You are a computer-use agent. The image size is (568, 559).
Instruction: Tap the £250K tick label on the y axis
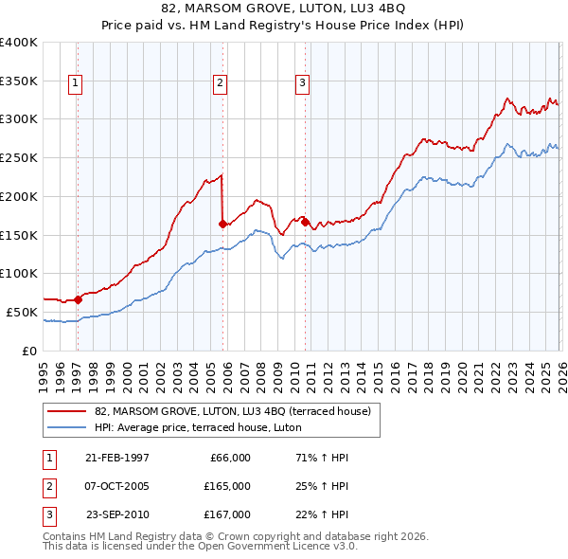click(x=19, y=157)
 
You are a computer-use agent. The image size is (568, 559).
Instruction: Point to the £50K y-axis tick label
click(x=22, y=312)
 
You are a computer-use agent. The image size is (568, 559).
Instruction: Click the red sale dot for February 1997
click(x=79, y=299)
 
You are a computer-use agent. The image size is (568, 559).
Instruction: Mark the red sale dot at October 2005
click(x=222, y=224)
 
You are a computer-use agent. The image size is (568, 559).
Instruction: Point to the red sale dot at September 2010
click(x=306, y=222)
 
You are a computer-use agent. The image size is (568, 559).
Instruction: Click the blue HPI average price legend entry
click(x=198, y=427)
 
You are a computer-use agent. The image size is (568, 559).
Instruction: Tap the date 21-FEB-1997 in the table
click(x=116, y=457)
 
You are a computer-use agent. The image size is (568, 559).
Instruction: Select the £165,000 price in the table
click(x=227, y=486)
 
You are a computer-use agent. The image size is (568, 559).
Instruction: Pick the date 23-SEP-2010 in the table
click(x=117, y=514)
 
